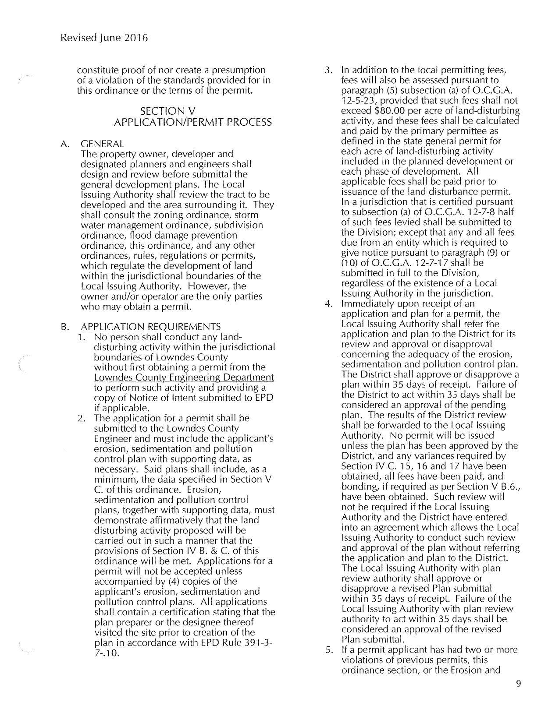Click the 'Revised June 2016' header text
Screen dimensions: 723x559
pos(104,38)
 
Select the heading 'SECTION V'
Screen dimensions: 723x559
pos(168,112)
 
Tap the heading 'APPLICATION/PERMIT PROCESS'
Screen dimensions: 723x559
pos(192,122)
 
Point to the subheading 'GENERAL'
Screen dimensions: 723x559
pos(102,144)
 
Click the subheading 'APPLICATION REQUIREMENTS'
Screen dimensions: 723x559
pos(151,327)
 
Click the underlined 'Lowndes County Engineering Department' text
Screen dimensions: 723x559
pos(184,377)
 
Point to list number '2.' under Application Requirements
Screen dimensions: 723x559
pos(81,418)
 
